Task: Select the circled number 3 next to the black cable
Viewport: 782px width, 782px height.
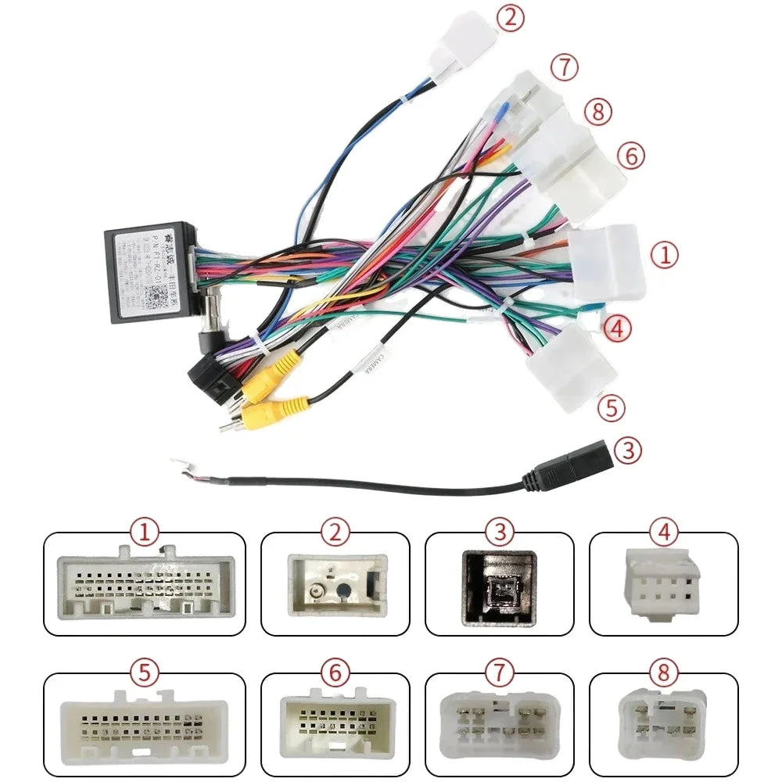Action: pyautogui.click(x=628, y=450)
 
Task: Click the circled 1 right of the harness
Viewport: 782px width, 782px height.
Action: pyautogui.click(x=665, y=255)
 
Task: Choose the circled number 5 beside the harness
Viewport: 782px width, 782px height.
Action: pyautogui.click(x=611, y=407)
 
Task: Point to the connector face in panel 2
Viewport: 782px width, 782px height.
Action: pyautogui.click(x=336, y=584)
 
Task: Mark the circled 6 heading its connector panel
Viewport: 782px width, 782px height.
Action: pyautogui.click(x=335, y=673)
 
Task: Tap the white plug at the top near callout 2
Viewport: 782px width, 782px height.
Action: pyautogui.click(x=465, y=43)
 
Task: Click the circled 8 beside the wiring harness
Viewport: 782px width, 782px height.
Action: pyautogui.click(x=597, y=112)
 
